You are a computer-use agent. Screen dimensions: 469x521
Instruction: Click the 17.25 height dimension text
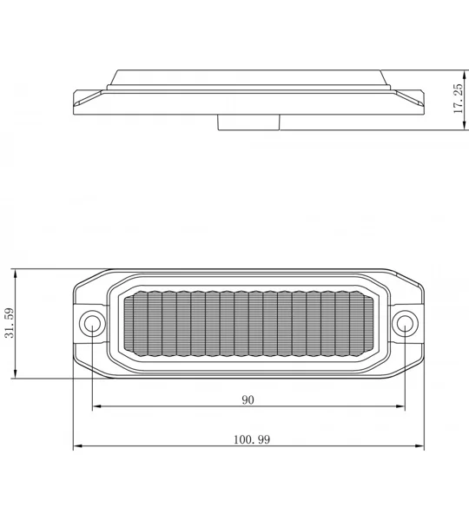pyautogui.click(x=458, y=98)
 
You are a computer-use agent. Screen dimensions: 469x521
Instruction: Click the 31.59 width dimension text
pyautogui.click(x=10, y=323)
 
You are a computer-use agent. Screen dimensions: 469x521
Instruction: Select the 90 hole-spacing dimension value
pyautogui.click(x=248, y=399)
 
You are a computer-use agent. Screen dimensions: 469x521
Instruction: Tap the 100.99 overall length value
pyautogui.click(x=252, y=439)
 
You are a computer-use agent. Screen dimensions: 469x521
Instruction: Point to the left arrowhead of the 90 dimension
pyautogui.click(x=96, y=406)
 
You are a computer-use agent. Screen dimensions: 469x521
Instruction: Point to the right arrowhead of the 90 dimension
pyautogui.click(x=400, y=406)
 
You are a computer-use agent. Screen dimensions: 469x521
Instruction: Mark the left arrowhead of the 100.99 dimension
pyautogui.click(x=77, y=446)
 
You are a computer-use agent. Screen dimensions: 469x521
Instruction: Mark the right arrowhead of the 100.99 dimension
pyautogui.click(x=419, y=446)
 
